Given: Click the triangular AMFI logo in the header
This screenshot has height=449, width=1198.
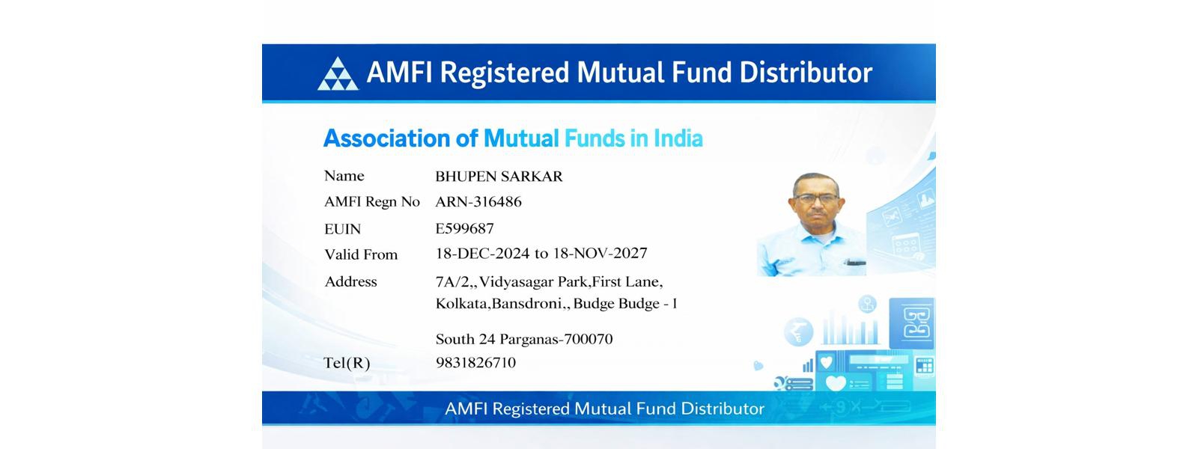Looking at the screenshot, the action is (x=338, y=74).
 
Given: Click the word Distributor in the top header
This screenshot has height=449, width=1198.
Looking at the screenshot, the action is (x=806, y=73).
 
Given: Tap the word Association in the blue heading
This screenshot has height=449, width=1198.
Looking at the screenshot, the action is (x=386, y=138).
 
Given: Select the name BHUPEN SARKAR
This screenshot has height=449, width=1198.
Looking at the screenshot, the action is (x=499, y=177).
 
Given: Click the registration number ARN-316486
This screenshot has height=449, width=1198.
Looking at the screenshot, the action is (x=478, y=201).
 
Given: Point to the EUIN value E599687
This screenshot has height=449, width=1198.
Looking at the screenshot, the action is (x=464, y=229).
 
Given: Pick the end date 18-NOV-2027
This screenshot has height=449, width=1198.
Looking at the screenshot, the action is (x=600, y=254).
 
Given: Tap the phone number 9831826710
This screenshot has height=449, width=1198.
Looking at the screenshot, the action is (x=475, y=362).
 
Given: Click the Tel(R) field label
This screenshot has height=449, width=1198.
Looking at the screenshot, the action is (x=347, y=363).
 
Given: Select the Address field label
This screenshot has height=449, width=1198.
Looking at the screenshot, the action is (x=351, y=281).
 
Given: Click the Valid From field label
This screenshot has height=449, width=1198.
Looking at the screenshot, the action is (x=361, y=254).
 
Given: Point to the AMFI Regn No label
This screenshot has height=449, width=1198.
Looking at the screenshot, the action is (x=372, y=201).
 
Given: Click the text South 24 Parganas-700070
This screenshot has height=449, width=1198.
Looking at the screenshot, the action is (x=524, y=339).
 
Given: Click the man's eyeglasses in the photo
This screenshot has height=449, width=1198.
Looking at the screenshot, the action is (x=817, y=198).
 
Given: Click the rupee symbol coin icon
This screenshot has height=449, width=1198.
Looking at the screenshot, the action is (x=798, y=332).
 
